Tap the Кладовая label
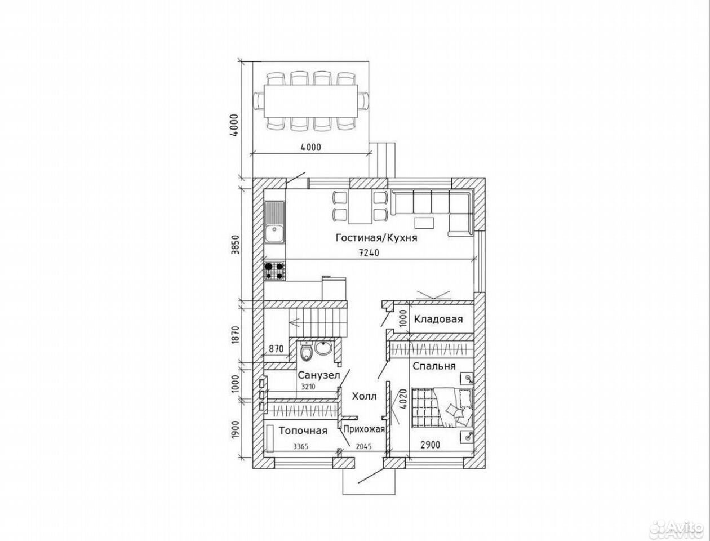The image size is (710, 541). pos(438,320)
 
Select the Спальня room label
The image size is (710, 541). pos(434,366)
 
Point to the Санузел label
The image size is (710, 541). pos(318,375)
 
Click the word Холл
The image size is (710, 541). pos(364,397)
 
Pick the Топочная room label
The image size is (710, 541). pos(303,431)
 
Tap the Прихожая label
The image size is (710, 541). pos(364,429)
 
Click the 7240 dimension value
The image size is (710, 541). pos(369,253)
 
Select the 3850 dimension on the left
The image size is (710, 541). pos(236,245)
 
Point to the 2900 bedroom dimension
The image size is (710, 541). pos(430,445)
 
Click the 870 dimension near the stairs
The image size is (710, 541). pos(276,349)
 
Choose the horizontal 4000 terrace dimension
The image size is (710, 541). pos(311,147)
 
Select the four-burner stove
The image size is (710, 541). pos(275,271)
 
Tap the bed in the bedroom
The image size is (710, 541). pos(442,409)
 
